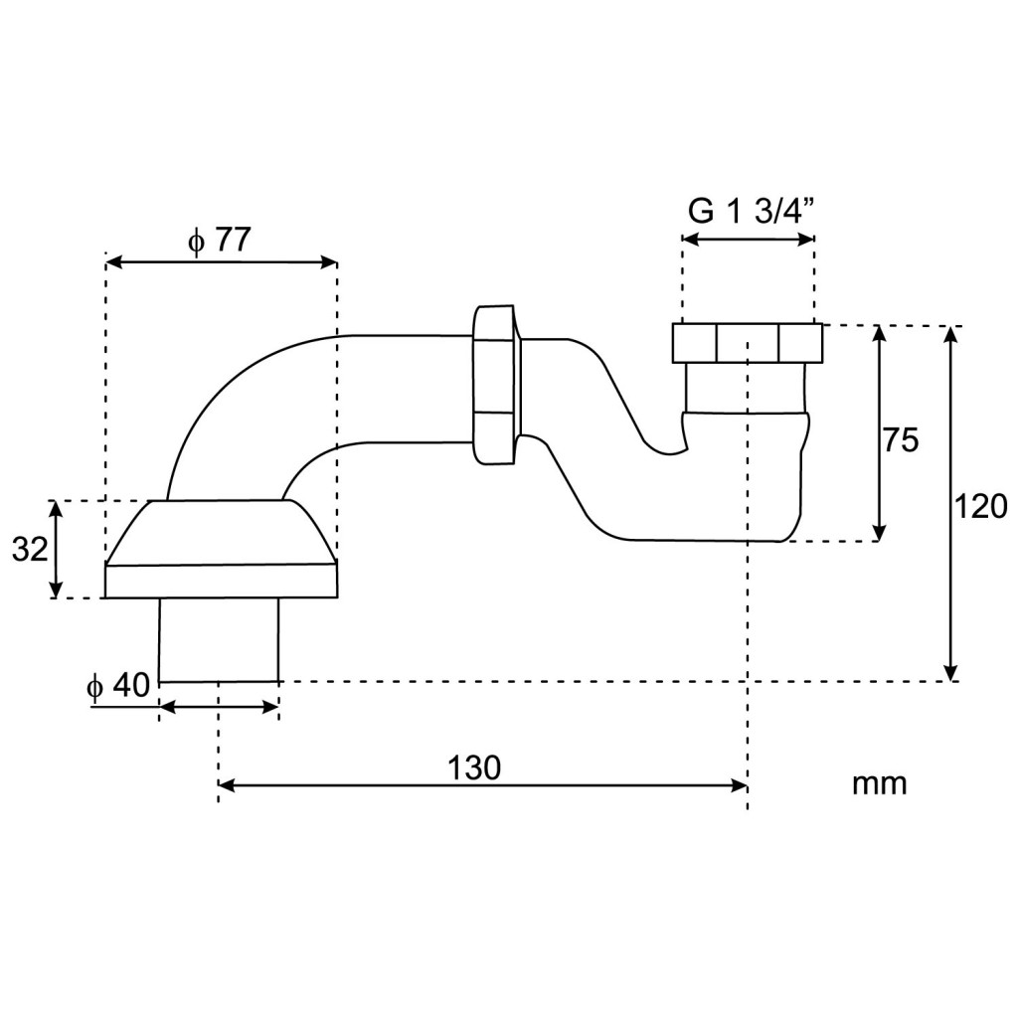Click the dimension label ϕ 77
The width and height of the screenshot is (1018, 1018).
pyautogui.click(x=219, y=242)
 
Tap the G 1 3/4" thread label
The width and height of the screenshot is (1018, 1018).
pyautogui.click(x=751, y=212)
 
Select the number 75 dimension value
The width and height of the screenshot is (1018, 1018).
pyautogui.click(x=901, y=440)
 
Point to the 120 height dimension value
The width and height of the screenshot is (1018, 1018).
pyautogui.click(x=980, y=506)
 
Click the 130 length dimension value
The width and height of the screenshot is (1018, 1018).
pyautogui.click(x=474, y=768)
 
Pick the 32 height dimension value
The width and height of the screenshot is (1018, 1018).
pyautogui.click(x=30, y=550)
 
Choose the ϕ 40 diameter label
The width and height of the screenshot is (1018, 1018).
pyautogui.click(x=119, y=685)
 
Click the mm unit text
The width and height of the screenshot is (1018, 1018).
pyautogui.click(x=879, y=783)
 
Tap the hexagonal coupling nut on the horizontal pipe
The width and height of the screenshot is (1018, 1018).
pyautogui.click(x=495, y=385)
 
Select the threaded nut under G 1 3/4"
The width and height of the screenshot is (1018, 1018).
pyautogui.click(x=747, y=343)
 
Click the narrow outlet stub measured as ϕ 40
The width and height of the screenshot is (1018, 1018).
pyautogui.click(x=219, y=639)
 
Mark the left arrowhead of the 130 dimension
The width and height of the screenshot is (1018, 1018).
pyautogui.click(x=227, y=786)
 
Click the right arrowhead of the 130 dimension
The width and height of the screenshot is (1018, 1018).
pyautogui.click(x=740, y=786)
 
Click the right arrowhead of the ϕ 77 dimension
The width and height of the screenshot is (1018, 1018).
pyautogui.click(x=329, y=262)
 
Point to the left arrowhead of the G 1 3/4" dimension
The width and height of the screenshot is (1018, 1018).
pyautogui.click(x=690, y=239)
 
